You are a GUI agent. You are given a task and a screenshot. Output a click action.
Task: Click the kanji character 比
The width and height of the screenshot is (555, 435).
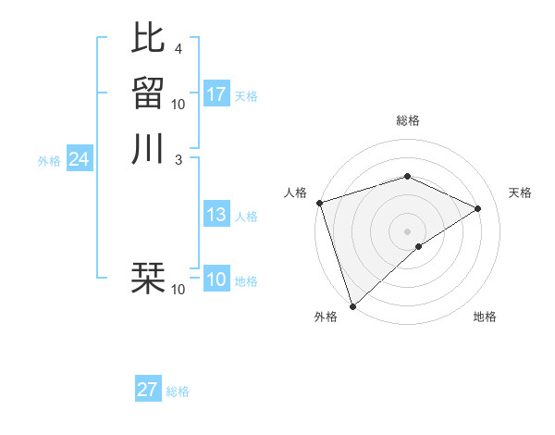[148, 37]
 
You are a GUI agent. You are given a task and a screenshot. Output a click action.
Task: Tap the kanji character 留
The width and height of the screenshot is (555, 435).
[148, 93]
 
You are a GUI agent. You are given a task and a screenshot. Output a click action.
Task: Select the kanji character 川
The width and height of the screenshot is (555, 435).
[148, 148]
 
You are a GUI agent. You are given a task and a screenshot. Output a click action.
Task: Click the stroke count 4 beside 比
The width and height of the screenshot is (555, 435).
[178, 48]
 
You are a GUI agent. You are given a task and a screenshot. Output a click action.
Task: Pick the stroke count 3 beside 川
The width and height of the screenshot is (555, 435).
[178, 159]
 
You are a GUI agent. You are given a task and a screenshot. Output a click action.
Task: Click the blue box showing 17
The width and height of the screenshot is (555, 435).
[216, 94]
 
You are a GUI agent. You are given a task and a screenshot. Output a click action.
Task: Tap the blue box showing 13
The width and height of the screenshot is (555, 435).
[216, 216]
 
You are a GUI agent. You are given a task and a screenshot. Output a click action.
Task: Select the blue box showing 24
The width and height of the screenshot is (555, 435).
[79, 160]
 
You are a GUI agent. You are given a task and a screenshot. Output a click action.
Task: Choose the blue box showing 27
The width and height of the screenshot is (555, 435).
[148, 390]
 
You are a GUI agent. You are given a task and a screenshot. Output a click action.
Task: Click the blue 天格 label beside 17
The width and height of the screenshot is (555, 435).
[246, 96]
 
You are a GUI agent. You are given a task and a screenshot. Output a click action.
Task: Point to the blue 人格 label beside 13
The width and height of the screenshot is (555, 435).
[246, 217]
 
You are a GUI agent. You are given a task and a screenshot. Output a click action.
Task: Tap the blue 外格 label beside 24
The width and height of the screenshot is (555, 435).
[49, 161]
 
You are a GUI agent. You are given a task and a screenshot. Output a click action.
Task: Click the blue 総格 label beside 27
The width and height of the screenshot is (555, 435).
[178, 391]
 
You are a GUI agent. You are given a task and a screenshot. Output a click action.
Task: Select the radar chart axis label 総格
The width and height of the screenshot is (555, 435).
[408, 120]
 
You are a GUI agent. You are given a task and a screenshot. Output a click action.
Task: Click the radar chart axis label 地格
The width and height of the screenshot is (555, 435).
[485, 317]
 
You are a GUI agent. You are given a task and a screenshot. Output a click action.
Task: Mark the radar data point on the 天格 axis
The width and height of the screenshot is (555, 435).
[478, 208]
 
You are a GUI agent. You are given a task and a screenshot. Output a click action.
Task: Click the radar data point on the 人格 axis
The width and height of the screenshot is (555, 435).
[319, 203]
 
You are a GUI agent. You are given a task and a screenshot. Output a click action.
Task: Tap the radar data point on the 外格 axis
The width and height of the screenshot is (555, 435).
[352, 304]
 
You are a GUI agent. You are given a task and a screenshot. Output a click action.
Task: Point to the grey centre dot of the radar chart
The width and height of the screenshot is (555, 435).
[408, 230]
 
